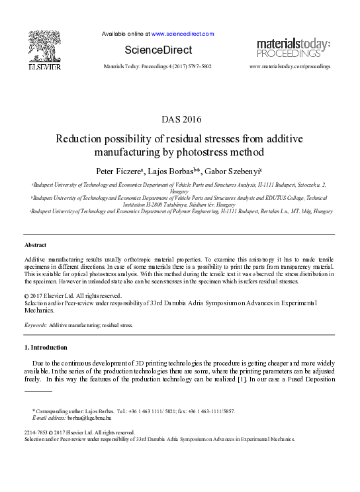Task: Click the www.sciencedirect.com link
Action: [183, 34]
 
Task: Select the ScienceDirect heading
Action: [158, 50]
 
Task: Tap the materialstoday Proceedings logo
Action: [293, 48]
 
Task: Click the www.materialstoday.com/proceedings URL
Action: [289, 67]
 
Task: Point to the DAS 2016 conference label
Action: [179, 120]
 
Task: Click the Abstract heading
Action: [35, 246]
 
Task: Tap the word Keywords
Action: [34, 326]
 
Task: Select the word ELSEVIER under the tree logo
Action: [44, 68]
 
